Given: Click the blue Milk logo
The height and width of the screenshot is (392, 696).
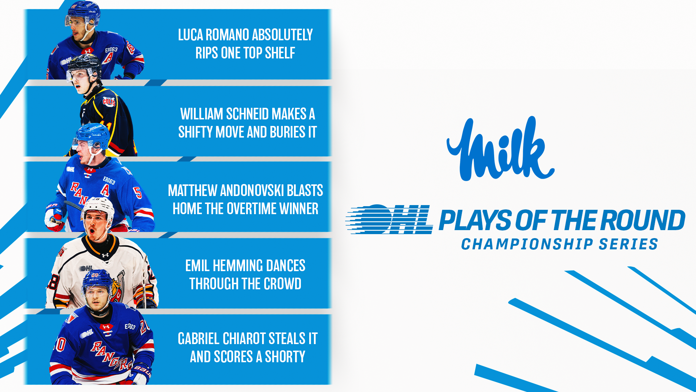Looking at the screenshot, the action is point(500,149).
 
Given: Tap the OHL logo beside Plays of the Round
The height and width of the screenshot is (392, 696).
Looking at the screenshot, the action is point(389,219).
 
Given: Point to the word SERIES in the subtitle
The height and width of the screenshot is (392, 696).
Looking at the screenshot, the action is point(628,244).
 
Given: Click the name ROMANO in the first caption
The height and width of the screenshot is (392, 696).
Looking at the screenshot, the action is point(227,35).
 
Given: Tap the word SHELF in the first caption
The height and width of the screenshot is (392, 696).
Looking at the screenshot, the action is point(280,53).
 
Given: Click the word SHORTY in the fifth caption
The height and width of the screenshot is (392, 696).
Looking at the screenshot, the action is point(285,357).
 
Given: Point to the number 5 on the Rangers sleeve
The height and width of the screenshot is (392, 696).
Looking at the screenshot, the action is point(138,192).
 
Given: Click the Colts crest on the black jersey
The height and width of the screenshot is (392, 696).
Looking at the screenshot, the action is point(109,101).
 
